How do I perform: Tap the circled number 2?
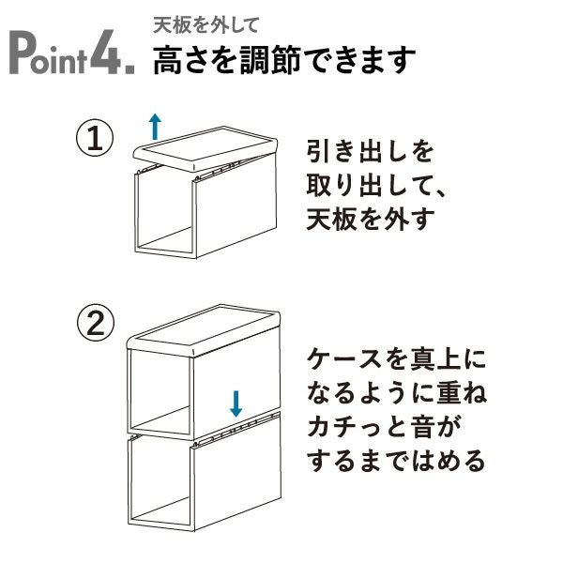(94, 326)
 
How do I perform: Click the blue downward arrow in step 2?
(236, 403)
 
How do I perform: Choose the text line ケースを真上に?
(397, 359)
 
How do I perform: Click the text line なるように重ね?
(397, 393)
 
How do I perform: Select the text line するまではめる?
(397, 461)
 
